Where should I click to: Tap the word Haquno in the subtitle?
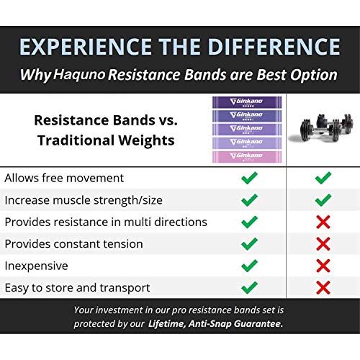tap(79, 74)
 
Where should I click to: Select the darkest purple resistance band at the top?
tap(247, 102)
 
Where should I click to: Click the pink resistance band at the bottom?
tap(247, 156)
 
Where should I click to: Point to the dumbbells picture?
tap(322, 128)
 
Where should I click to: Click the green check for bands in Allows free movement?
tap(250, 178)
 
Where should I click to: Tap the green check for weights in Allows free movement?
tap(323, 178)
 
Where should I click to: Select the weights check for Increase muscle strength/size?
tap(323, 200)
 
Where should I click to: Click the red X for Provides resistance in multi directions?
tap(323, 222)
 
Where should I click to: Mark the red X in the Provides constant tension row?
tap(323, 244)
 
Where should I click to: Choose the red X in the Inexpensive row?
tap(323, 266)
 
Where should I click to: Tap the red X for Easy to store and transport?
tap(323, 287)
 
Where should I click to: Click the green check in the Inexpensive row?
tap(250, 266)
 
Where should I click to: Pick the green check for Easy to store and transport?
tap(250, 287)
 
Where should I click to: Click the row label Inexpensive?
tap(37, 266)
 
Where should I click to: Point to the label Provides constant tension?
tap(74, 244)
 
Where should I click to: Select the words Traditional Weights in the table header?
tap(106, 140)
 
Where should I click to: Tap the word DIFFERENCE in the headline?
tap(274, 47)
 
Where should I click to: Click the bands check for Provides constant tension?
tap(250, 244)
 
